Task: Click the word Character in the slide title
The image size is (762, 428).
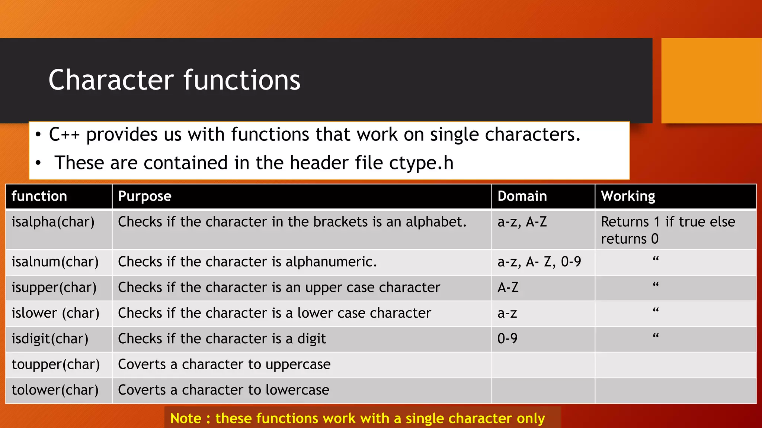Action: coord(111,80)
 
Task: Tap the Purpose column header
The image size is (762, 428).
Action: coord(144,196)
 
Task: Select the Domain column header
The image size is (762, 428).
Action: coord(522,196)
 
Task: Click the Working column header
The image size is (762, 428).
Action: coord(628,196)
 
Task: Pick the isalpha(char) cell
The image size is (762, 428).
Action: coord(53,222)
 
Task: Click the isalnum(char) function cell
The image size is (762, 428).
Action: coord(55,262)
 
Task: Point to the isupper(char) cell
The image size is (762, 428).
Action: coord(54,288)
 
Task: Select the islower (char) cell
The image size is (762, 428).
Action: coord(55,313)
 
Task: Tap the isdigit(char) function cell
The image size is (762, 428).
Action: coord(50,339)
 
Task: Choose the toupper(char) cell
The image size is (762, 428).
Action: coord(56,364)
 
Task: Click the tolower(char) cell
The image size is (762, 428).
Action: coord(55,390)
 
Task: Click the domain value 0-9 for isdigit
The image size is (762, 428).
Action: coord(507,339)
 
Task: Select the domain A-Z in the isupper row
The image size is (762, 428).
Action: coord(508,288)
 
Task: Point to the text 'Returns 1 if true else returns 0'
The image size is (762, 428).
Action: coord(667,230)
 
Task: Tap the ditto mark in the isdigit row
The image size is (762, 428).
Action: coord(656,336)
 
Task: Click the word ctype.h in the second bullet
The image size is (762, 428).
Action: coord(421,163)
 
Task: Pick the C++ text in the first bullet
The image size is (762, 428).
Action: coord(64,134)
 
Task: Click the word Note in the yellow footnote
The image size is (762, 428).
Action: coord(186,418)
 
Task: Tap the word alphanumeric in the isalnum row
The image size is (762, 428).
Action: coord(331,262)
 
